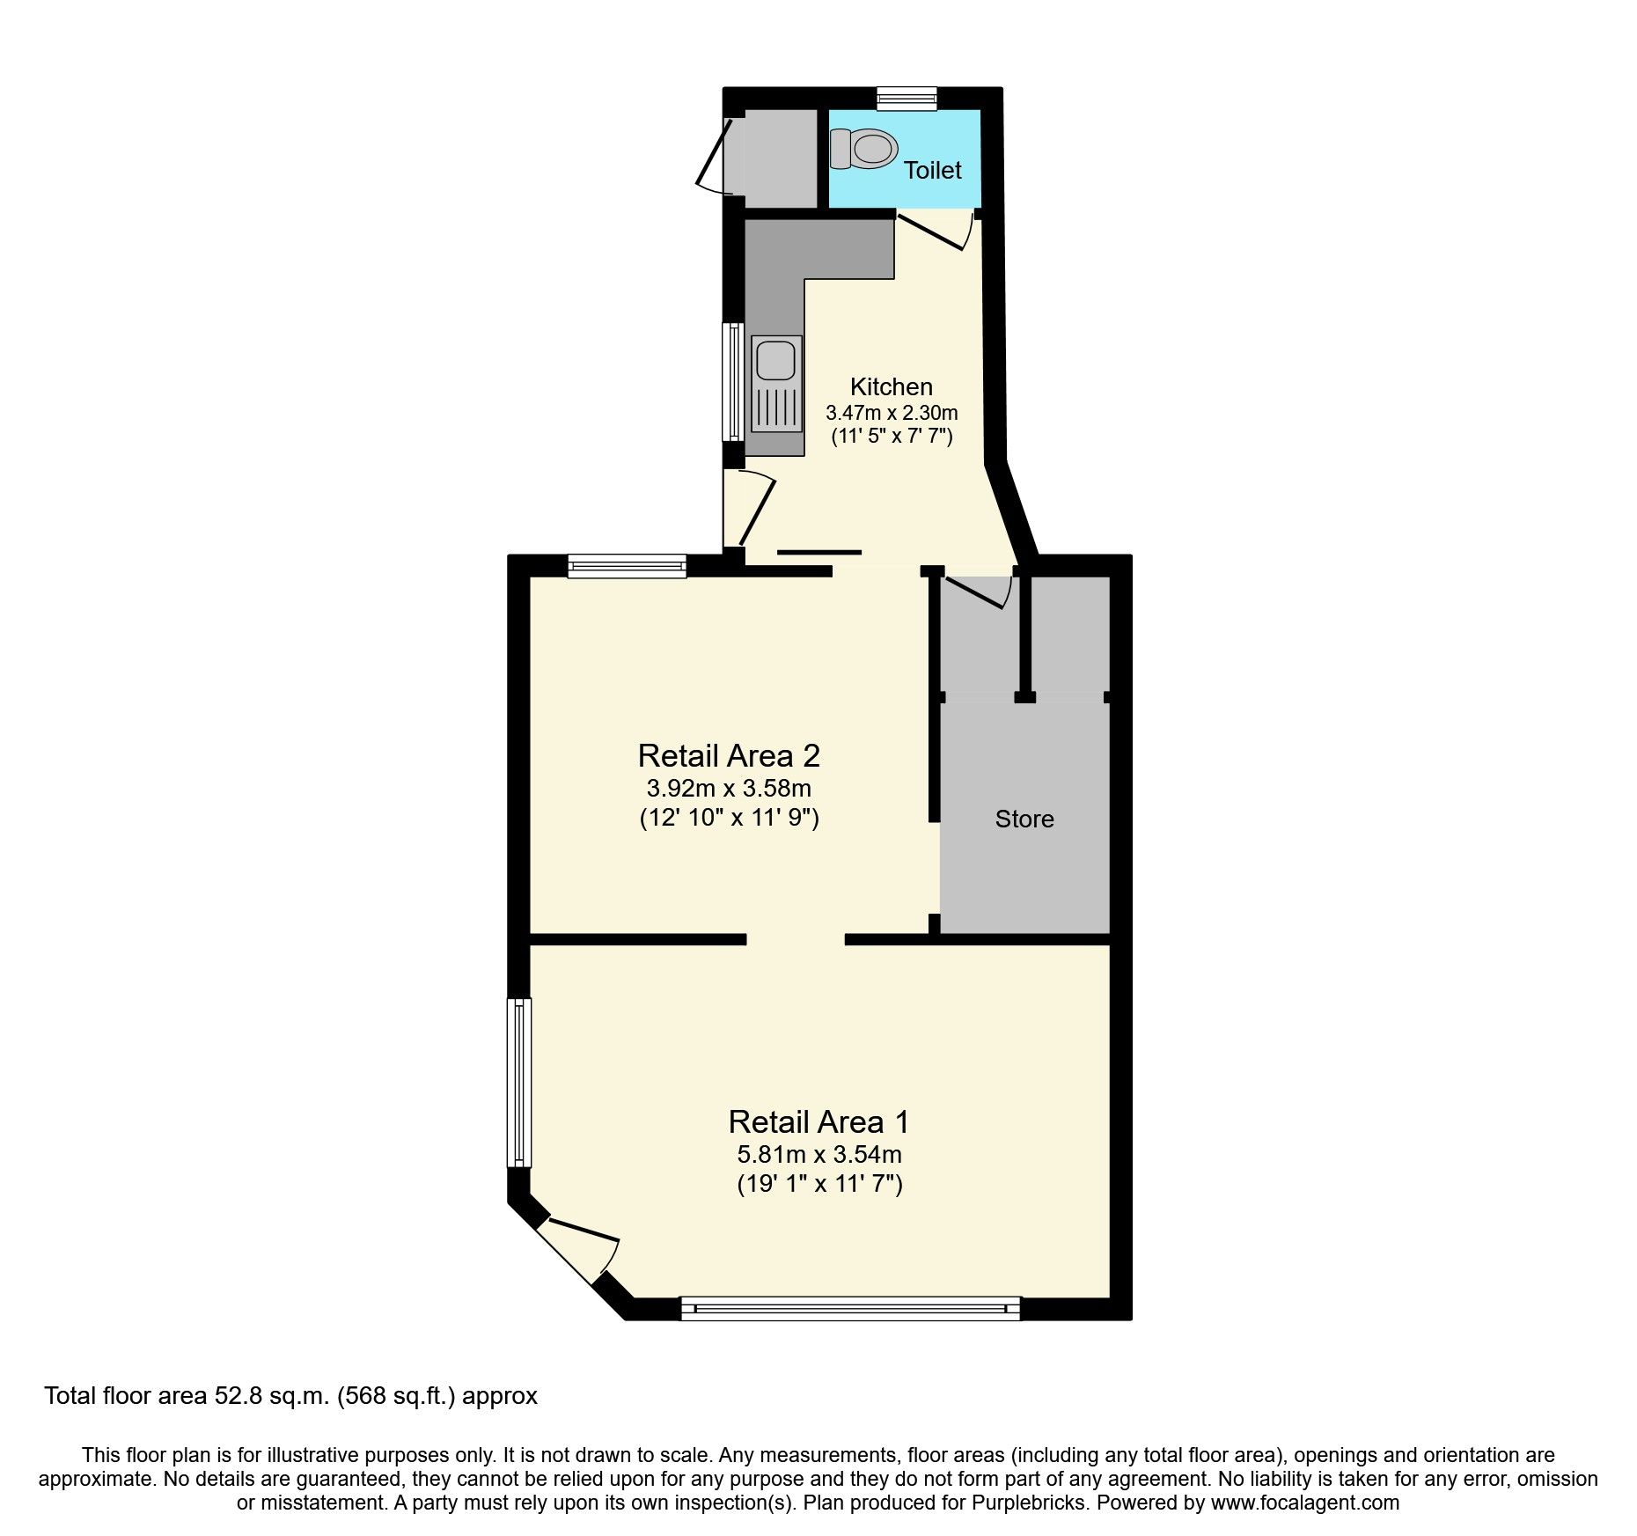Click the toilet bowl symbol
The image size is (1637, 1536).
(x=863, y=149)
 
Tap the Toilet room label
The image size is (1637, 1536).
(x=933, y=171)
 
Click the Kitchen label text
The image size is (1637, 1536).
(x=891, y=386)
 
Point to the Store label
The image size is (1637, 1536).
(x=1024, y=819)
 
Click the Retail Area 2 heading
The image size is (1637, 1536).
(x=729, y=756)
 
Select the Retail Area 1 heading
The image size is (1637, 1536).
(x=818, y=1122)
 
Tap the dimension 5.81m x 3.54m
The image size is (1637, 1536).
(x=818, y=1154)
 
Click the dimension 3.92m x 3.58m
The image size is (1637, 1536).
(x=729, y=788)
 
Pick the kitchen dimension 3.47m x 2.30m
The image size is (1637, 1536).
(x=891, y=412)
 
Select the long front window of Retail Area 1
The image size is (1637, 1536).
(x=850, y=1309)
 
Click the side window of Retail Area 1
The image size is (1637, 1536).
(x=519, y=1082)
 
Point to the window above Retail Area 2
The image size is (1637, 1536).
(x=627, y=566)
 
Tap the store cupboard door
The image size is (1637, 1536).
(x=977, y=592)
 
